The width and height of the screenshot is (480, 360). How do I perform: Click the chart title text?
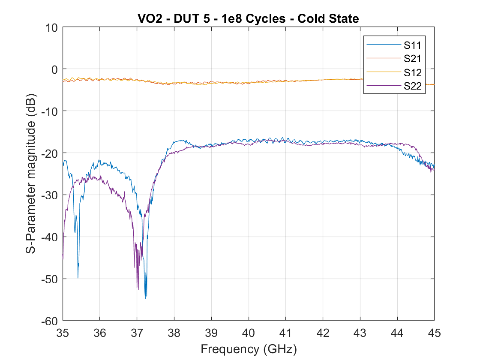pos(248,18)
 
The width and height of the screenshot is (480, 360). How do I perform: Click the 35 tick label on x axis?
pos(63,332)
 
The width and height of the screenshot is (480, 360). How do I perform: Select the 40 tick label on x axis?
pos(249,332)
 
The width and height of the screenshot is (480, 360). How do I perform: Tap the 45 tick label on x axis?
pos(434,332)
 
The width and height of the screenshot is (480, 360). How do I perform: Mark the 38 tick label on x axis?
pos(174,332)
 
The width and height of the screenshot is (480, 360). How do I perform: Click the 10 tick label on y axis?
pos(51,27)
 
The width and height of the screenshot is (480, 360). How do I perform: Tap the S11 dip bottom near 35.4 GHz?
pos(78,278)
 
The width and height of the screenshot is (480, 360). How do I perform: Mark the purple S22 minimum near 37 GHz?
pos(138,289)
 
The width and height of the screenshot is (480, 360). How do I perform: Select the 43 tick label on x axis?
pos(360,332)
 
